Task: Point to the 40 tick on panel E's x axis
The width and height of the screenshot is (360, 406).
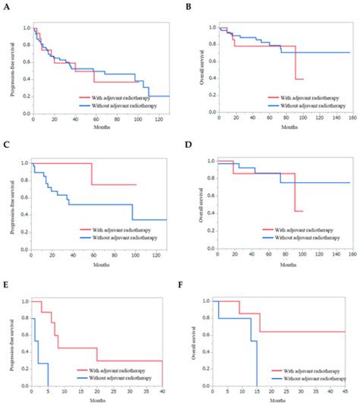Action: (x=163, y=392)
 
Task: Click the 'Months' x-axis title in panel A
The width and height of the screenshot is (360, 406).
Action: (x=98, y=127)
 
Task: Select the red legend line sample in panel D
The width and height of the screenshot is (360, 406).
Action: (x=267, y=228)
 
